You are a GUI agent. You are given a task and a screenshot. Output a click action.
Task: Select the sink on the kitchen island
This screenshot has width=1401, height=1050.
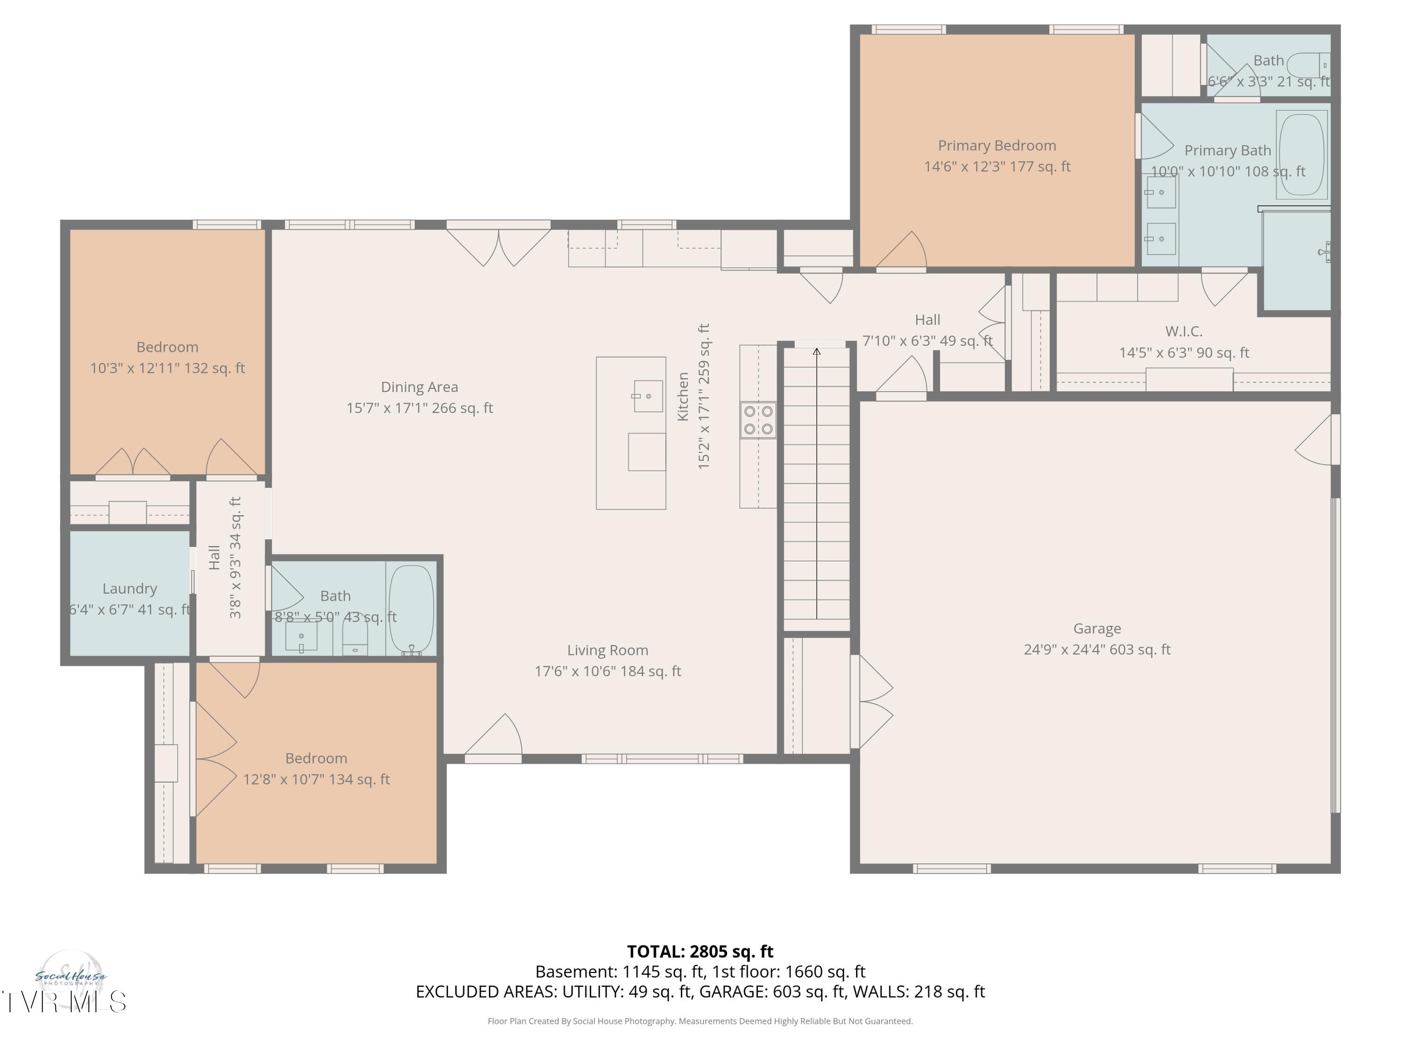click(648, 396)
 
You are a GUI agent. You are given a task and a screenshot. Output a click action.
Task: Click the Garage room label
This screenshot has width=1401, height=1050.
click(1097, 629)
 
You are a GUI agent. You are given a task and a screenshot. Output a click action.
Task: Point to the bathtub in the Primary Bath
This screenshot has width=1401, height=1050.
click(1302, 154)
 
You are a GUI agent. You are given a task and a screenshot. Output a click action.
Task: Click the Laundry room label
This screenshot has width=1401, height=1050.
click(130, 588)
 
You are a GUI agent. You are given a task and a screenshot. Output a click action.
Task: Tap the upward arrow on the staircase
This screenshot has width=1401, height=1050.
click(816, 352)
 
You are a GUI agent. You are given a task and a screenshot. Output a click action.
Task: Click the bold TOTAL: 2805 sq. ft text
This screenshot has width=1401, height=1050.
click(700, 951)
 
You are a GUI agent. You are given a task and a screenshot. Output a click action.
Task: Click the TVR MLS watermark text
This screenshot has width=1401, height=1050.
click(64, 1002)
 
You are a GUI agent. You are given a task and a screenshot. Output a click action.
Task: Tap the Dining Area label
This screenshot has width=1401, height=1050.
click(419, 387)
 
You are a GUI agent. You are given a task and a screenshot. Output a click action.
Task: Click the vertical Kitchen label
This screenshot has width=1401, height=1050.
click(683, 396)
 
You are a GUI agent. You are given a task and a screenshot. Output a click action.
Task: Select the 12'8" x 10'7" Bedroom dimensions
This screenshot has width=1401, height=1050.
click(316, 779)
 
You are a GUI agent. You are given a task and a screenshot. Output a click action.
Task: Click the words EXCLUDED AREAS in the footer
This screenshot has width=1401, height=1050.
click(485, 992)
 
